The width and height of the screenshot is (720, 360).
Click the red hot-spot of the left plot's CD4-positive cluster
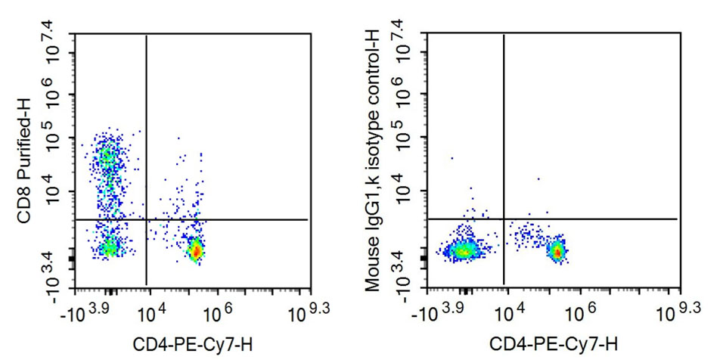(x=195, y=250)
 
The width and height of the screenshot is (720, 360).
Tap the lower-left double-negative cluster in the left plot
(x=109, y=247)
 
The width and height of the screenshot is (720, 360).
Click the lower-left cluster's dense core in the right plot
(x=463, y=250)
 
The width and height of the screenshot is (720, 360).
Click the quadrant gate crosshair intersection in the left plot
(x=145, y=219)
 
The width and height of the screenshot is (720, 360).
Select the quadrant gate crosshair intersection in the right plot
(x=503, y=219)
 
